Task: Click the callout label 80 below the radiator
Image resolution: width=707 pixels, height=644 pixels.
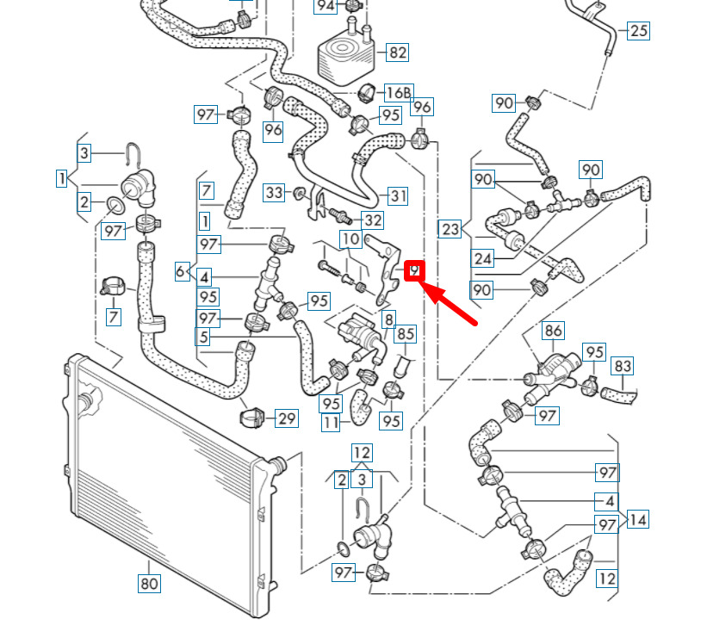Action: coord(149,584)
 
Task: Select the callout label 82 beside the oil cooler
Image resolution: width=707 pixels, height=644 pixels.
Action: coord(397,53)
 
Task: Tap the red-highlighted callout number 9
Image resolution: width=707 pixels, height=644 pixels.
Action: coord(414,271)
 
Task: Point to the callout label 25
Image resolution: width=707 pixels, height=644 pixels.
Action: coord(638,31)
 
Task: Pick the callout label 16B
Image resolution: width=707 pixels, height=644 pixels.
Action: coord(399,93)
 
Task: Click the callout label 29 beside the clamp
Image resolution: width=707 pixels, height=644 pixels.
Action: coord(287,418)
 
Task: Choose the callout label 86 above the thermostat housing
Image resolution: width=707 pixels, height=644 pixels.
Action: coord(553,331)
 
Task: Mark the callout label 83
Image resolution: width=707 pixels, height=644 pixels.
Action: coord(623,366)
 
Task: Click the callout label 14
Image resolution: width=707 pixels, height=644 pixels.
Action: coord(637,520)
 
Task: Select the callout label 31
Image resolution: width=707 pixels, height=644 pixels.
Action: coord(398,196)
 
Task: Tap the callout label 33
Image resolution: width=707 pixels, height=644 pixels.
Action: coord(274,193)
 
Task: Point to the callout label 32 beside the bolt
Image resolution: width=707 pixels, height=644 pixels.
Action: coord(373,220)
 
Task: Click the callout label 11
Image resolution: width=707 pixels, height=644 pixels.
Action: coord(331,423)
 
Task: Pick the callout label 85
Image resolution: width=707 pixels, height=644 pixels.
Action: coord(406,334)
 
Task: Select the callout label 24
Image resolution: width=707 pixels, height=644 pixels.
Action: coord(482,258)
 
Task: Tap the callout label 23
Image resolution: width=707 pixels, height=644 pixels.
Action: coord(450,229)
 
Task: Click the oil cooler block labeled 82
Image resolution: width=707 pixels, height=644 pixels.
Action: coord(345,55)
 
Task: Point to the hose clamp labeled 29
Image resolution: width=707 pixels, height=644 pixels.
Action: coord(251,418)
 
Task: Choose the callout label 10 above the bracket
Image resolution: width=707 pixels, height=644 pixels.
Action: coord(350,239)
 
